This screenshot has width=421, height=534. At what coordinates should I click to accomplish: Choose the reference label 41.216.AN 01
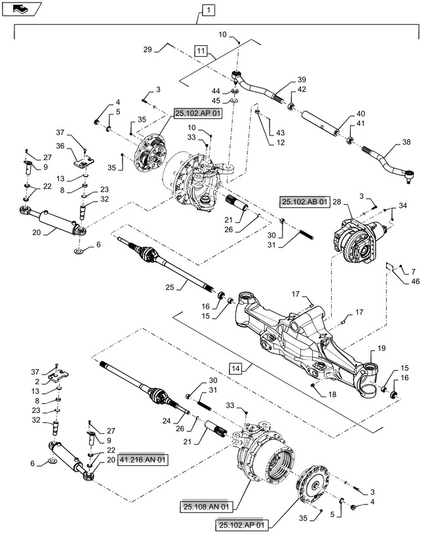(144, 461)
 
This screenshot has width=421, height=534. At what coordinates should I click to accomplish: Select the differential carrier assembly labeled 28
(357, 236)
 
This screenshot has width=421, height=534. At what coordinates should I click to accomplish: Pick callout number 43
(271, 132)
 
